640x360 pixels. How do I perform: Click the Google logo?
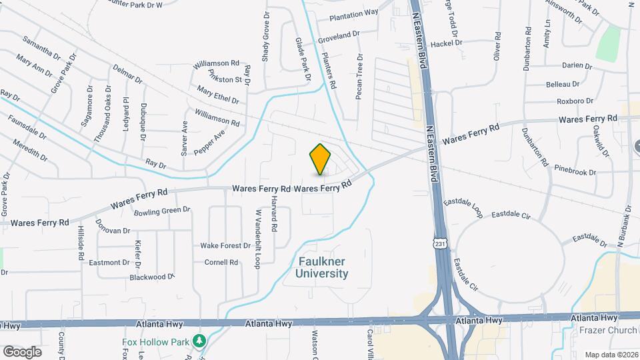tap(22, 351)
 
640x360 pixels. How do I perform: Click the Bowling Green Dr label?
tap(162, 210)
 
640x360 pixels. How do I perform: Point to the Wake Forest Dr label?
tap(225, 245)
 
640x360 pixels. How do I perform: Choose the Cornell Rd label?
tap(221, 262)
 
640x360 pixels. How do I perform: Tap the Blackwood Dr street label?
tap(151, 277)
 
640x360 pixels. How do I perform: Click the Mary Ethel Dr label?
tap(217, 95)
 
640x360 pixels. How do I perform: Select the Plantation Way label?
tap(354, 13)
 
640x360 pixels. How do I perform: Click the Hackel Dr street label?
tap(447, 43)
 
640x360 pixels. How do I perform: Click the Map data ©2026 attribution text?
tap(611, 354)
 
